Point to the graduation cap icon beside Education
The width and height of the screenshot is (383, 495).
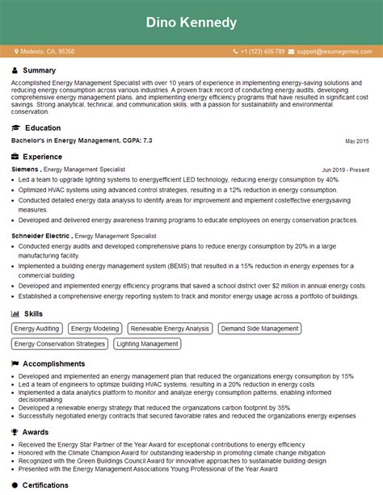click(15, 128)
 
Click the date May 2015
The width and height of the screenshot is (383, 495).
click(356, 141)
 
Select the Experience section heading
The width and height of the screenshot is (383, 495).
click(42, 157)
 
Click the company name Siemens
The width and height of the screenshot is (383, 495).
click(24, 170)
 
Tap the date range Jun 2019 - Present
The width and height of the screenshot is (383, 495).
click(345, 170)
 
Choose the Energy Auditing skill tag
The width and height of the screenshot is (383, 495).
click(37, 329)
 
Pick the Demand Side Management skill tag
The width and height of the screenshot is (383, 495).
click(260, 329)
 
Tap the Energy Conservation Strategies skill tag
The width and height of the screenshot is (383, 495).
click(60, 344)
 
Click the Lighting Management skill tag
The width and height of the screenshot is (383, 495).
click(147, 344)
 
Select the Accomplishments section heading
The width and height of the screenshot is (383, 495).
click(55, 363)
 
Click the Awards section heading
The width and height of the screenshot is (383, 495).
click(36, 432)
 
